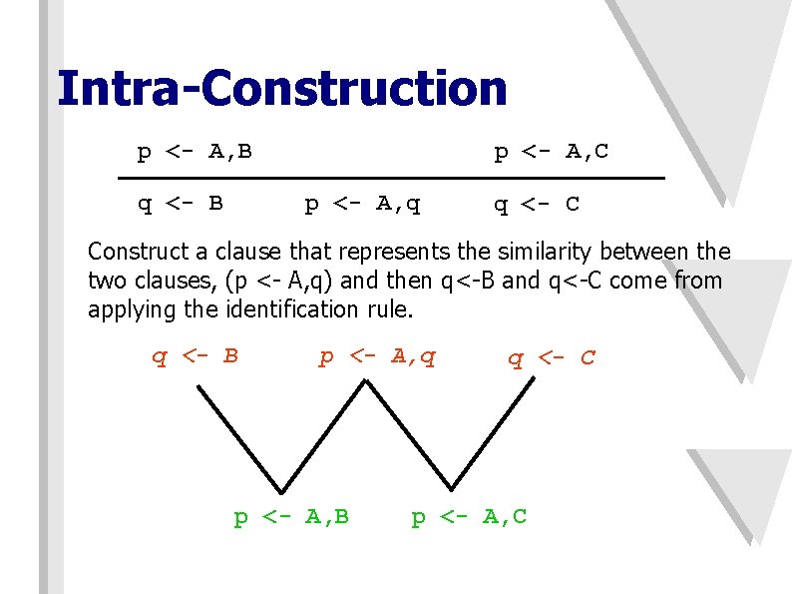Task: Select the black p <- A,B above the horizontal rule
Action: click(x=195, y=152)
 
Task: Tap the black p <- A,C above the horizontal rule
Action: click(x=552, y=152)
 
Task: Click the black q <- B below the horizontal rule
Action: click(x=180, y=205)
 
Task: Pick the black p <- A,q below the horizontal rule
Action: click(x=362, y=206)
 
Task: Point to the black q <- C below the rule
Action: click(x=537, y=205)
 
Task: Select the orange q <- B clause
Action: click(x=195, y=356)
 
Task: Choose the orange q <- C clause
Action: click(x=552, y=357)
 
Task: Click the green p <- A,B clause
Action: click(x=291, y=516)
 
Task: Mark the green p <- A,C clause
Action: click(x=469, y=516)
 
